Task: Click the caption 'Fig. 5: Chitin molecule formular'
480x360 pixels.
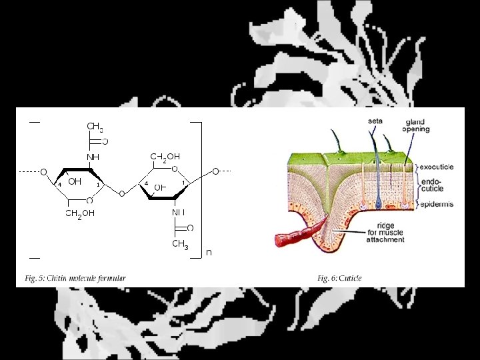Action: tap(75, 278)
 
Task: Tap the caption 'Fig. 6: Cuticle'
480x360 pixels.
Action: tap(340, 278)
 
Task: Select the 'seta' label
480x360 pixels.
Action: tap(375, 121)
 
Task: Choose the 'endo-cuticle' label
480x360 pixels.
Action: tap(431, 184)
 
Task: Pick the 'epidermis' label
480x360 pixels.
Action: tap(437, 204)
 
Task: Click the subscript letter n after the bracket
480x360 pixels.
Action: tap(209, 253)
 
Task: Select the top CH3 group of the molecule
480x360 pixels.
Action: tap(95, 127)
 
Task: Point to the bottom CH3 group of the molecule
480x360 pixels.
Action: tap(180, 245)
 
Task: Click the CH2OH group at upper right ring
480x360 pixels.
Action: tap(165, 157)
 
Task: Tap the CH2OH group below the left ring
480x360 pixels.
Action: tap(79, 213)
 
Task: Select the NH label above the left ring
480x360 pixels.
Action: tap(92, 157)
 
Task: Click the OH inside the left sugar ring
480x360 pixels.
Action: tap(75, 181)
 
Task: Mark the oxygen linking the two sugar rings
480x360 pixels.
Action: tap(121, 194)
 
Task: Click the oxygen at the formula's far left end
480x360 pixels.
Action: tap(43, 172)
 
